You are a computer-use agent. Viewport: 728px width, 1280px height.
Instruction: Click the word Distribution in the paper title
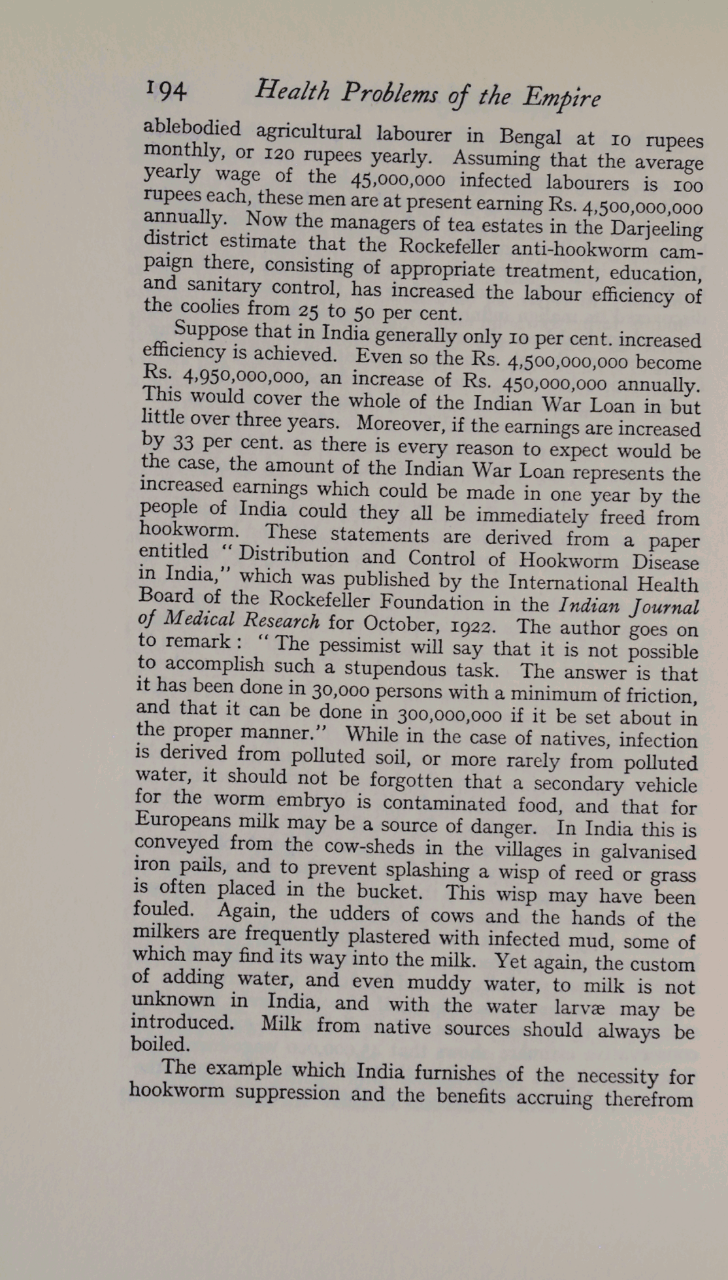pyautogui.click(x=293, y=556)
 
